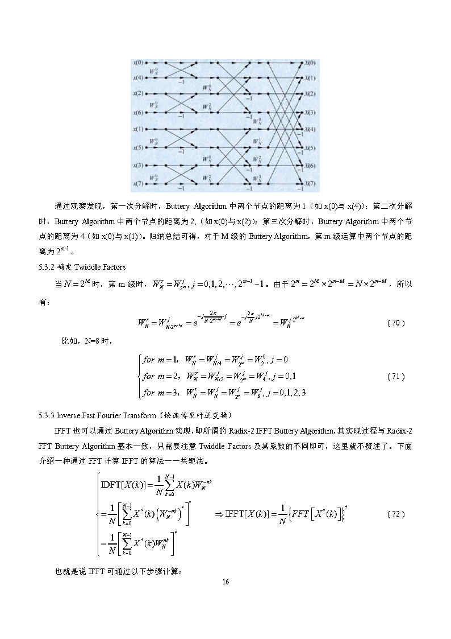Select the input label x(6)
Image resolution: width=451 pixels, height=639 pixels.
[138, 112]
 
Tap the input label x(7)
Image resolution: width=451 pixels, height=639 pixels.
[138, 184]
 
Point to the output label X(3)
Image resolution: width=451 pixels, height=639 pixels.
[310, 113]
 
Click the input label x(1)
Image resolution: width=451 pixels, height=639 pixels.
[138, 130]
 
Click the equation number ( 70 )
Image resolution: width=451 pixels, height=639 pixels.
[395, 323]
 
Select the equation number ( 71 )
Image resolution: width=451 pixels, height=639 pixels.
[395, 376]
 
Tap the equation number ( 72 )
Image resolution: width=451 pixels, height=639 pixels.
[395, 514]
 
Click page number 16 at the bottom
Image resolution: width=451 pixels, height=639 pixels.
[225, 582]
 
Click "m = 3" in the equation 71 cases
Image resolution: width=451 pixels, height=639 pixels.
[168, 392]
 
